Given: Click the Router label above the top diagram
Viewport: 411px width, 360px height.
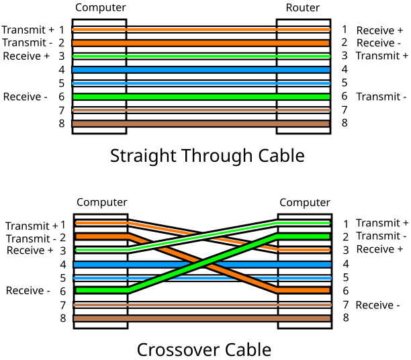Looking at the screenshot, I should coord(303,7).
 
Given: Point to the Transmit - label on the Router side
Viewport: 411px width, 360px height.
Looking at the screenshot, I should coord(381,97).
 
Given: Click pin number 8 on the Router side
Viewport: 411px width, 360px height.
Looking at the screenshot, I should coord(345,123).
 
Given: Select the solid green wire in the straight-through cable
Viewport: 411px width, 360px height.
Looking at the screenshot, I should coord(201,96).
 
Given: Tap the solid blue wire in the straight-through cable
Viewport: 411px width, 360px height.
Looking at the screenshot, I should coord(201,69).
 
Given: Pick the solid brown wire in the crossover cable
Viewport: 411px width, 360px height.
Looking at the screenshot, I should coord(201,318).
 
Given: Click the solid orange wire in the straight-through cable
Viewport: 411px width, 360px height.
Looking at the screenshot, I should coord(201,42).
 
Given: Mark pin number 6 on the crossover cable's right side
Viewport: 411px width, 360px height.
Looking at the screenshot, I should coord(345,291).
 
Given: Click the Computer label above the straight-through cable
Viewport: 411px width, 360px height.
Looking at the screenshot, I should coord(100,7).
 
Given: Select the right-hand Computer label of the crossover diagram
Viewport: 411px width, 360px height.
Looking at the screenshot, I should coord(305,202).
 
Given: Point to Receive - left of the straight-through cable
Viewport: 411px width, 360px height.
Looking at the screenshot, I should coord(25,97).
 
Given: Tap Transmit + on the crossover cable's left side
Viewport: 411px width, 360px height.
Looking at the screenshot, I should coord(31,226).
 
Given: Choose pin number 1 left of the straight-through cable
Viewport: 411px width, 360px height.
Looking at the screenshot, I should coord(62,30).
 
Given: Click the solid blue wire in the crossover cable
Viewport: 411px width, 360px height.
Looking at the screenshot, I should coord(201,264).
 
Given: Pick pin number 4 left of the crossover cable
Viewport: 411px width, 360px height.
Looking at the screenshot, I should coord(62,264).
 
